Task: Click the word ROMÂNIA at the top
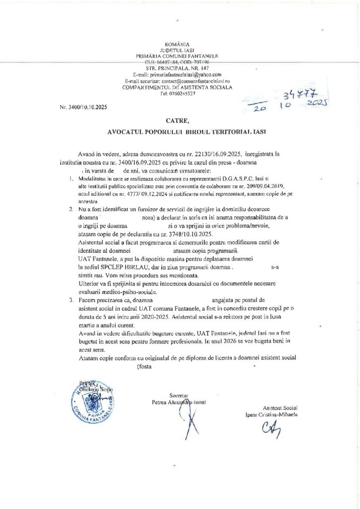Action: click(x=180, y=45)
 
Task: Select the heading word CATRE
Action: click(x=180, y=120)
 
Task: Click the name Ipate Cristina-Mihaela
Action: click(x=271, y=414)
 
